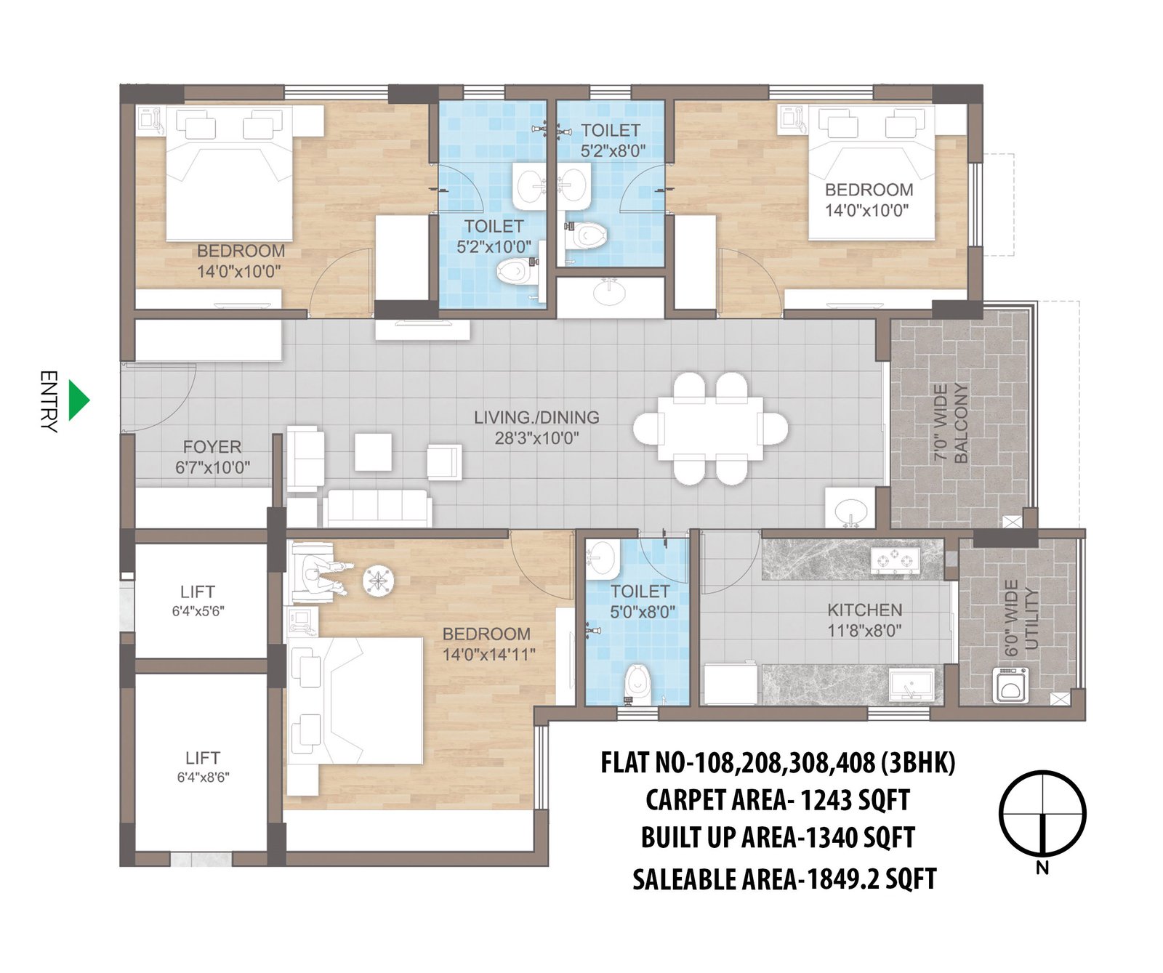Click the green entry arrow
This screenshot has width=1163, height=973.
(x=78, y=400)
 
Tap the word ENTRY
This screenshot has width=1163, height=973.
(x=48, y=401)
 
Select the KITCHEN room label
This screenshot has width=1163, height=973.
(x=864, y=610)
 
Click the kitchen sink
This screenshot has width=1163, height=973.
(x=911, y=685)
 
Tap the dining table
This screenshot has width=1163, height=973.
(x=709, y=427)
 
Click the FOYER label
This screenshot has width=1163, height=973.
(x=212, y=447)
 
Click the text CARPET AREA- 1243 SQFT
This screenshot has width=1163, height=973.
(x=777, y=801)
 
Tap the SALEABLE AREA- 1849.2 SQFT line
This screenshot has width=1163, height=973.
(x=784, y=879)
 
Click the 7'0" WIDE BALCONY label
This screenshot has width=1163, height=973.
(x=951, y=423)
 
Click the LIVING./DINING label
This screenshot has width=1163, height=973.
(x=536, y=418)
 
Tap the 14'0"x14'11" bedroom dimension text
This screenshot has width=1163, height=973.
(x=488, y=655)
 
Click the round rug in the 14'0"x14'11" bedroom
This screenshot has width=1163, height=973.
(x=379, y=581)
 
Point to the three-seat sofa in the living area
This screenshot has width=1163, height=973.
(x=377, y=508)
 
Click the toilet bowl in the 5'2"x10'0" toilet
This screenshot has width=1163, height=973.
(x=513, y=272)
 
